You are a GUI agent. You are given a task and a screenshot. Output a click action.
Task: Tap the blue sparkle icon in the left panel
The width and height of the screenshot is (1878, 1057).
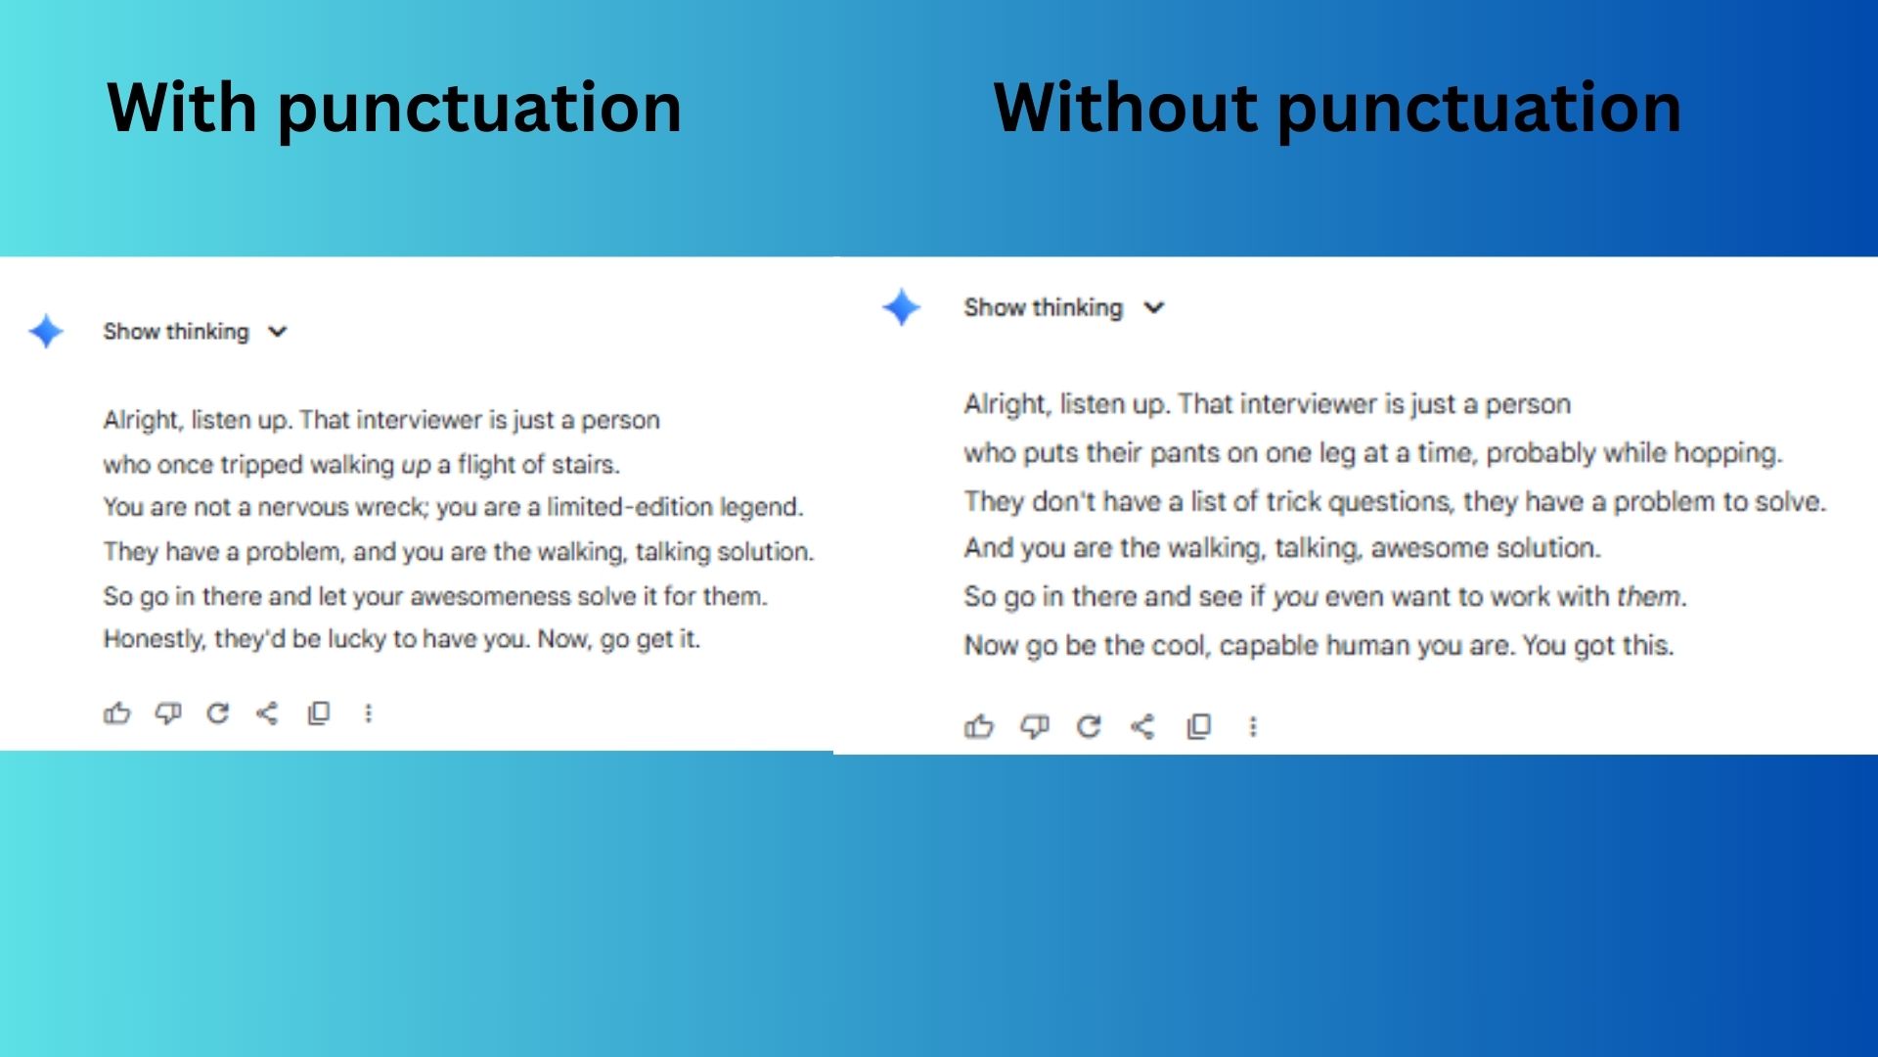[x=46, y=332]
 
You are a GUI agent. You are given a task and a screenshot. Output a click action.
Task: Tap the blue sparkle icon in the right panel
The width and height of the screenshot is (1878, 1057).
[x=901, y=307]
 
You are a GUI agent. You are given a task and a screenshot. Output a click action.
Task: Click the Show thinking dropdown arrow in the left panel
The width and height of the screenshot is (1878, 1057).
[x=278, y=332]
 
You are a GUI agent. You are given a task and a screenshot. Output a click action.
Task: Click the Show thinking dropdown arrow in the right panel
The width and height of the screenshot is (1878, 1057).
[x=1154, y=307]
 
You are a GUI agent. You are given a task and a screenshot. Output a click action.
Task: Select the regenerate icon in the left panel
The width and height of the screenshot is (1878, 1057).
[x=217, y=713]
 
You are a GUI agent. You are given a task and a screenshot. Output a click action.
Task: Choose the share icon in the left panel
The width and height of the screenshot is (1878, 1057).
[x=267, y=713]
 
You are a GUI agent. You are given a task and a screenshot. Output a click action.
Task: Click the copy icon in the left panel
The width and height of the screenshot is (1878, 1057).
[x=319, y=713]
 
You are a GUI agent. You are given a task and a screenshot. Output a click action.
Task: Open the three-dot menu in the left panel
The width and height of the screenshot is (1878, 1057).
[x=369, y=713]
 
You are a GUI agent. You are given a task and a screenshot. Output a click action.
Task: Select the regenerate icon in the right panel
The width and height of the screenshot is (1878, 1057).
[x=1089, y=726]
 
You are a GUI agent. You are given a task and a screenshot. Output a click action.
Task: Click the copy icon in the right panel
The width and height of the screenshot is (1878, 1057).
[x=1199, y=726]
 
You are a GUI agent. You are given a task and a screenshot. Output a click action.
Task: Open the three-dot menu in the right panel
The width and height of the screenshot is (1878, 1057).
[x=1253, y=726]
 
